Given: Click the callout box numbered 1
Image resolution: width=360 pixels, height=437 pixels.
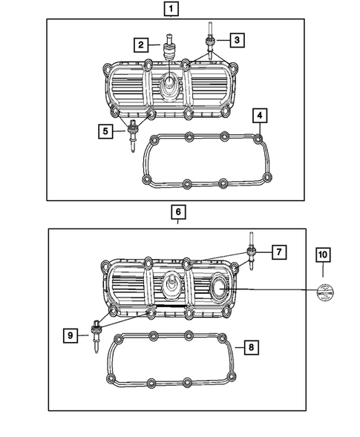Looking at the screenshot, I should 171,9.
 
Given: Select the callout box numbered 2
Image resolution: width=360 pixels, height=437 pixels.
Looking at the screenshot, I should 140,45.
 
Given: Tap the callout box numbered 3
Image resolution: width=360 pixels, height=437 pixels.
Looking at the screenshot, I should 235,39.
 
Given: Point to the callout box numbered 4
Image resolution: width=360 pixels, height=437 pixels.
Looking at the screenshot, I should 258,116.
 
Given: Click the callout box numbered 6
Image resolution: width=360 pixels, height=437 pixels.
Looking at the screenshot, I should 177,212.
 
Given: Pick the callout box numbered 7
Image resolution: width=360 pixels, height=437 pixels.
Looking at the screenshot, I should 277,252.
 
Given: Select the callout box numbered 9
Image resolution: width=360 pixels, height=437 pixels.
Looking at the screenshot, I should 71,336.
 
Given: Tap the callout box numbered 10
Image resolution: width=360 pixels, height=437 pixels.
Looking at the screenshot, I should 323,254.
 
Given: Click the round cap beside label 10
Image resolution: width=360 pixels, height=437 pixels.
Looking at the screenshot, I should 324,292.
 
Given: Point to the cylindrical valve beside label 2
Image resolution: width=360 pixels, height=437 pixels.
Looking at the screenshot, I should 170,53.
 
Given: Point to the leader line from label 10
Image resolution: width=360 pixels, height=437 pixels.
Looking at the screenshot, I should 278,290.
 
